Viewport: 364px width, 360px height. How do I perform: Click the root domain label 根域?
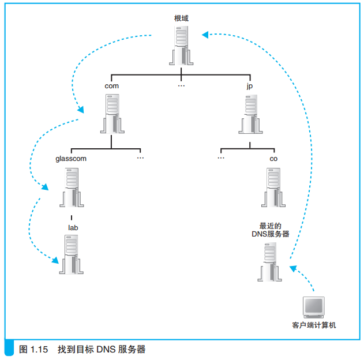[x=181, y=18]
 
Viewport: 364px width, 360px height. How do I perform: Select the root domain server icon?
[x=181, y=46]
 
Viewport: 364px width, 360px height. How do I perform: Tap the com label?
[x=112, y=85]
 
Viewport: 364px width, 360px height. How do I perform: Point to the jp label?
[x=250, y=85]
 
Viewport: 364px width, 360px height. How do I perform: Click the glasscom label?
[x=71, y=158]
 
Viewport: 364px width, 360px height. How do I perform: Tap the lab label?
[x=73, y=227]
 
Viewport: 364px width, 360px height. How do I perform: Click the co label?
[x=273, y=158]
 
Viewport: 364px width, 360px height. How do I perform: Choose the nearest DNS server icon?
[x=271, y=261]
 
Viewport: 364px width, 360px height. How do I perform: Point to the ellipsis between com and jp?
[x=181, y=86]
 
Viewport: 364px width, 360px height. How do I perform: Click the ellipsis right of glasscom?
[x=140, y=158]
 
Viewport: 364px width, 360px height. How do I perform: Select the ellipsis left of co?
[x=221, y=158]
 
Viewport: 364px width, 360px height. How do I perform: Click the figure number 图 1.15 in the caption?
[x=32, y=349]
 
